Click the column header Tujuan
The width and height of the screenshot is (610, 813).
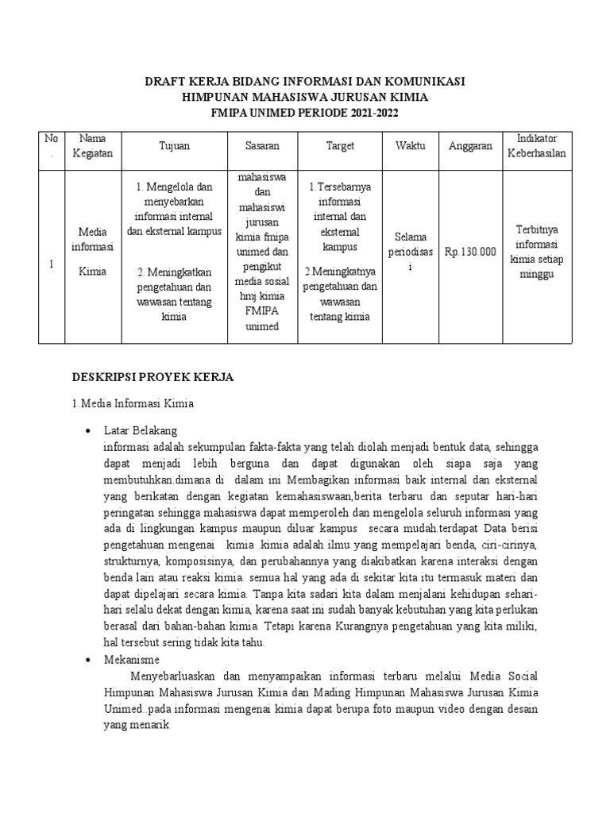(x=174, y=146)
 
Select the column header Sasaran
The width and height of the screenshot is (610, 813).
(x=262, y=146)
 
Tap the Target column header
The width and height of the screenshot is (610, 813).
(x=340, y=146)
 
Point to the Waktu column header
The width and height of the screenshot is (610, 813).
(x=411, y=146)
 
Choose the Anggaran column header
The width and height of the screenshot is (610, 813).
(x=470, y=146)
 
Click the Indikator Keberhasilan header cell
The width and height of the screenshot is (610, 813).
(x=536, y=146)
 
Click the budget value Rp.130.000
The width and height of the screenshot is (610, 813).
(x=470, y=252)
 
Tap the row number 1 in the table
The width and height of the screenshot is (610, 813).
(x=51, y=264)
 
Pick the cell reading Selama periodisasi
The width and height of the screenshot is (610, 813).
(x=411, y=252)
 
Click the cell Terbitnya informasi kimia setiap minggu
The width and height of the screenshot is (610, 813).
(x=536, y=252)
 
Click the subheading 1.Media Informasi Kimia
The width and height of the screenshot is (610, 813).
(x=133, y=404)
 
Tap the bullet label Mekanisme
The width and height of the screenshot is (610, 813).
(x=131, y=659)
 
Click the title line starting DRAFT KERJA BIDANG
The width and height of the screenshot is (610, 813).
(x=304, y=82)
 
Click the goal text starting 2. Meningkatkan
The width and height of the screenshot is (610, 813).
(x=174, y=295)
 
